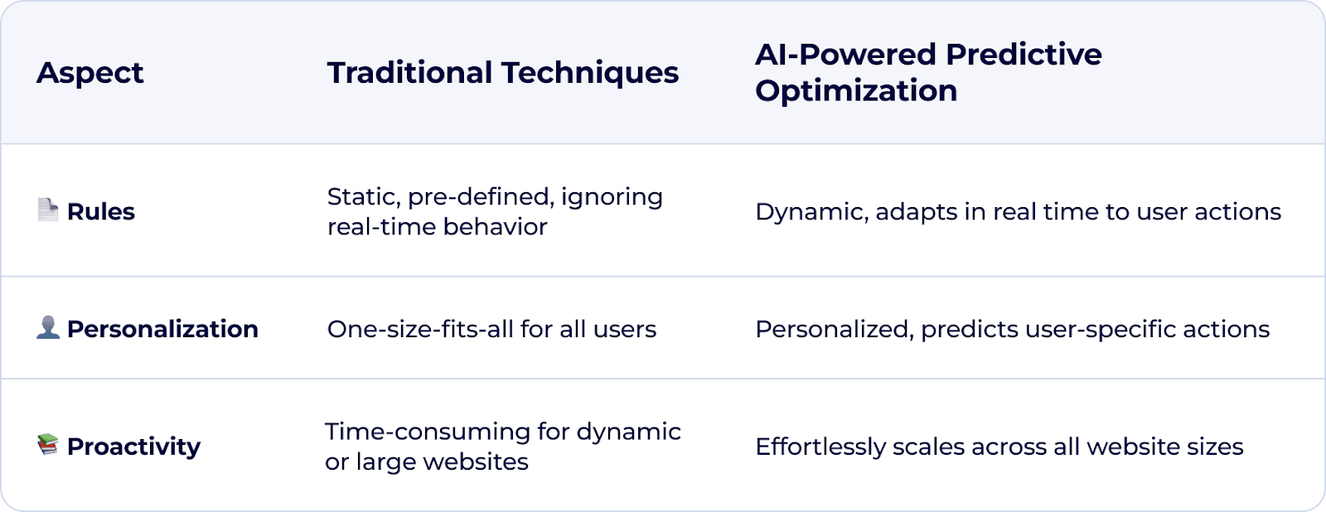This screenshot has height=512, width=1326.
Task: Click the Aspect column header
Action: point(90,73)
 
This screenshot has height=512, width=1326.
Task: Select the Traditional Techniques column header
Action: point(502,73)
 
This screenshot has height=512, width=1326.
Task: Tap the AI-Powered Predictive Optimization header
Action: point(927,72)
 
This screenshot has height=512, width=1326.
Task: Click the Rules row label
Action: point(100,211)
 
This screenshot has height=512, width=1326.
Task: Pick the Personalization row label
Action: point(162,329)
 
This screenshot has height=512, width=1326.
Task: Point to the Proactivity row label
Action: point(133,447)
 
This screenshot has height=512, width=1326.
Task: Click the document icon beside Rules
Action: point(48,210)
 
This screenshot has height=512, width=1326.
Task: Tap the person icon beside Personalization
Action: point(48,327)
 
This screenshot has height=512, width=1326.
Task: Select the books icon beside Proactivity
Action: point(48,445)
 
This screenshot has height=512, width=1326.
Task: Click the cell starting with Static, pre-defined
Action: point(494,211)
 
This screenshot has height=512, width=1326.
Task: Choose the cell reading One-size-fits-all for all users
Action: point(491,329)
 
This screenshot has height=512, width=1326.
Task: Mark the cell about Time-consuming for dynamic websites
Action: point(502,447)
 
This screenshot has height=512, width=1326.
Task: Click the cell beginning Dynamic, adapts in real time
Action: point(1018,211)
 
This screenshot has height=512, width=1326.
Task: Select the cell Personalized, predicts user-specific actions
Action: point(1012,329)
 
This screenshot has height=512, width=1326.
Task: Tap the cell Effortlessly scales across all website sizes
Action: point(999,447)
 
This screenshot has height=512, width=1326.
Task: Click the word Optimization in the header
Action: point(856,90)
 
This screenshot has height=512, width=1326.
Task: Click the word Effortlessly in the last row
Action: point(820,447)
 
